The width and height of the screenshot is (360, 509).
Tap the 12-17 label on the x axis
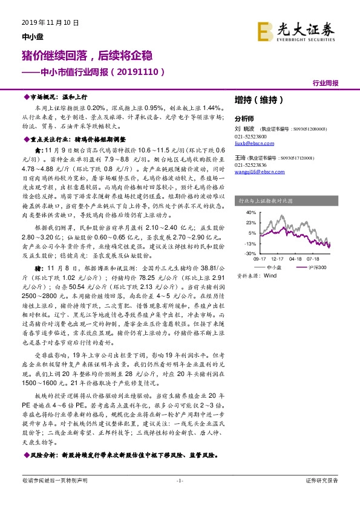[x=277, y=258]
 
